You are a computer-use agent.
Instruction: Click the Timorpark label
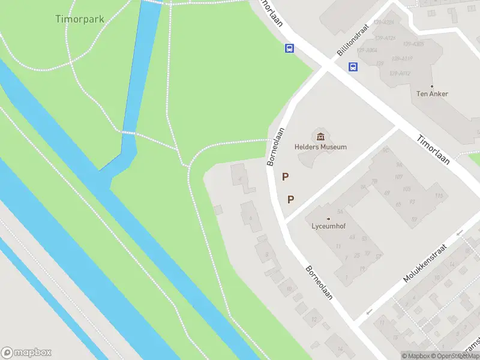click(x=80, y=19)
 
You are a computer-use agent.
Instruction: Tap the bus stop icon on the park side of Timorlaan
click(x=289, y=49)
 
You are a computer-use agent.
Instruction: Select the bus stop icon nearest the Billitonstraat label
click(x=353, y=67)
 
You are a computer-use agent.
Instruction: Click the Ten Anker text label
click(x=432, y=94)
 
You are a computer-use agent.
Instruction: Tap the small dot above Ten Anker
click(x=432, y=86)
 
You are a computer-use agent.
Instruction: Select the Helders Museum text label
click(x=320, y=147)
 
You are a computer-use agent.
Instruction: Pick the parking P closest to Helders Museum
click(x=286, y=177)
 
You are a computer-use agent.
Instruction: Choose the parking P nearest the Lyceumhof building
click(x=291, y=200)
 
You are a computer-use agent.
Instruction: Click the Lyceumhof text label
click(x=328, y=227)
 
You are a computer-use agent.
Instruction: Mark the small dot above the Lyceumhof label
click(x=328, y=218)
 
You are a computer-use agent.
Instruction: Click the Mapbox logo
click(x=26, y=353)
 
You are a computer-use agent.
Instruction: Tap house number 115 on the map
click(x=439, y=196)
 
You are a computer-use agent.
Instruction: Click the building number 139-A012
click(x=400, y=74)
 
